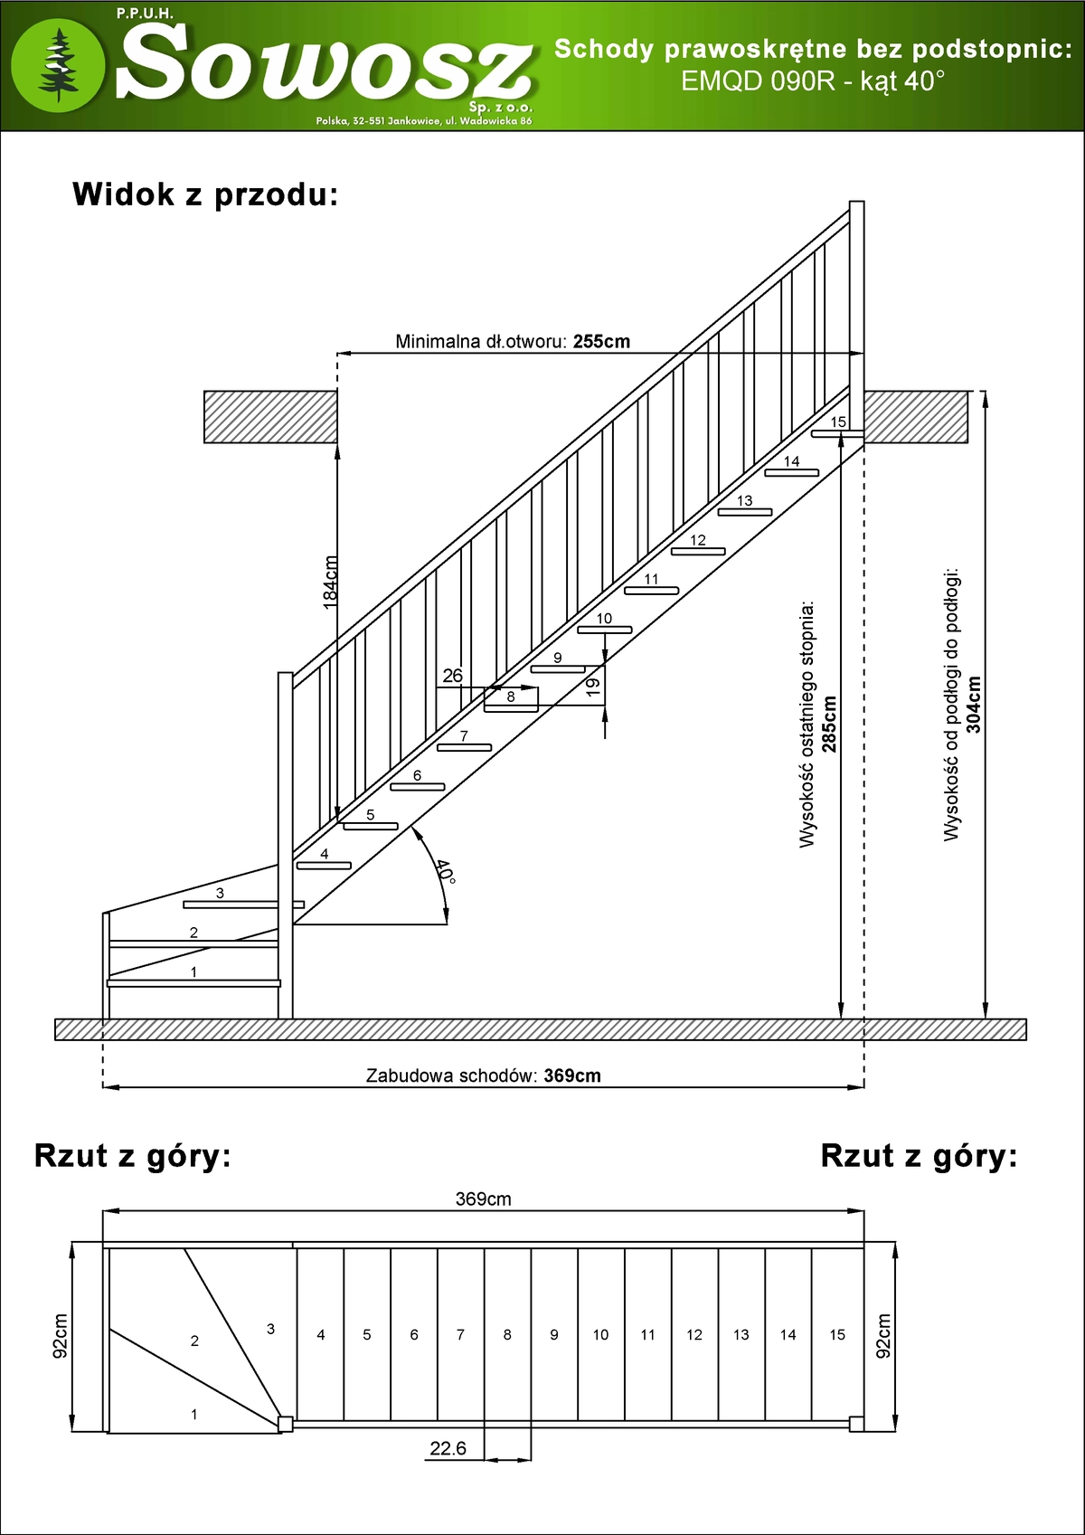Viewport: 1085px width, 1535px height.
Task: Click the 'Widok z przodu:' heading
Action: coord(205,194)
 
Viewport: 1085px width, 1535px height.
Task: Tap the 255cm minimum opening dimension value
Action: coord(601,342)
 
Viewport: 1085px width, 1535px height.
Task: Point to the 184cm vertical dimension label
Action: coord(331,581)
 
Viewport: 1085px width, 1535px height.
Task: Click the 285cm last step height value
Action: coord(829,724)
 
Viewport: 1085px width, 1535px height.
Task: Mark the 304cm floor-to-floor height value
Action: coord(973,704)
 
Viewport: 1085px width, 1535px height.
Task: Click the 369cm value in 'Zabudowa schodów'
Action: coord(572,1075)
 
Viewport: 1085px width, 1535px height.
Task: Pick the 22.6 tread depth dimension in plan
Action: coord(448,1448)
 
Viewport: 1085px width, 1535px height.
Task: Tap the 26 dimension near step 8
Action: coord(452,676)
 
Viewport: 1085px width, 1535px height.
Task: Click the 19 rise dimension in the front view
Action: coord(593,687)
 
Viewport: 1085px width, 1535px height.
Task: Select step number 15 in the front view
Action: coord(838,422)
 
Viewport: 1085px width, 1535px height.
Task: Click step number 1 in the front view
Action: coord(193,972)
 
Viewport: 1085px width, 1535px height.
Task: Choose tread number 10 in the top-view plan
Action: coord(600,1334)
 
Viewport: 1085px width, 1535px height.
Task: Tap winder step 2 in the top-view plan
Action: coord(194,1341)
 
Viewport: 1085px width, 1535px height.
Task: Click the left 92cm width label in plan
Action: coord(61,1336)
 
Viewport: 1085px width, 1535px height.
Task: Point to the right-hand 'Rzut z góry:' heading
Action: coord(919,1156)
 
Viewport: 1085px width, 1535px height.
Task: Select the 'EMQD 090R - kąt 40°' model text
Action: coord(812,81)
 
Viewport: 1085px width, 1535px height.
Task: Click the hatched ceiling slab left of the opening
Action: coord(270,417)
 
